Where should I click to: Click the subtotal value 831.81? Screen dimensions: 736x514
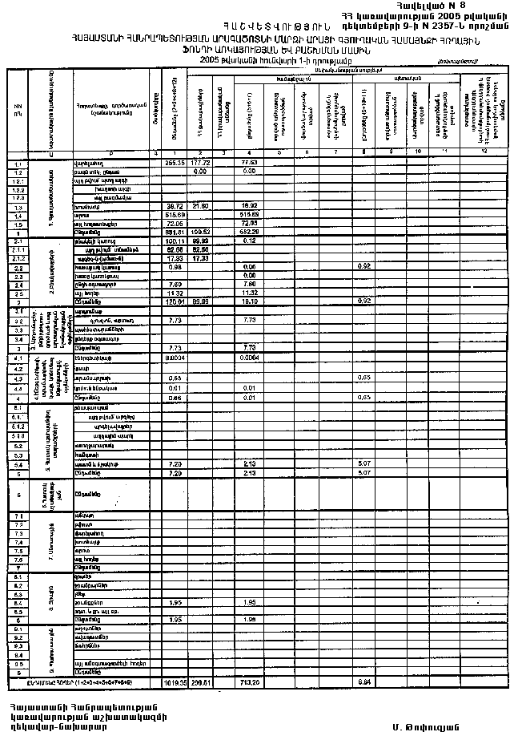(x=175, y=233)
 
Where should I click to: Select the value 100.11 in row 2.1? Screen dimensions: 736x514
(x=175, y=241)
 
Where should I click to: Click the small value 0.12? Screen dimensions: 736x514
(x=249, y=241)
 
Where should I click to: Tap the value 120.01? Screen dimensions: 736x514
(x=175, y=301)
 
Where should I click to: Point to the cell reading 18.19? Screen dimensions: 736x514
(x=249, y=301)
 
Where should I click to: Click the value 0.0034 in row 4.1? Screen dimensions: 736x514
(x=175, y=357)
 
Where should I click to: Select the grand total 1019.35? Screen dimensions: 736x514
(x=175, y=682)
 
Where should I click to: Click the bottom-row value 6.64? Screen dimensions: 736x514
(x=363, y=682)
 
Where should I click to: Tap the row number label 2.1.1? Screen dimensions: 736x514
(x=17, y=249)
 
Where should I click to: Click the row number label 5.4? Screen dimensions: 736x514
(x=17, y=464)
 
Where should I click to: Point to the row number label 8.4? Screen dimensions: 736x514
(x=17, y=601)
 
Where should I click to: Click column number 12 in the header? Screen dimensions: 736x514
(x=484, y=152)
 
